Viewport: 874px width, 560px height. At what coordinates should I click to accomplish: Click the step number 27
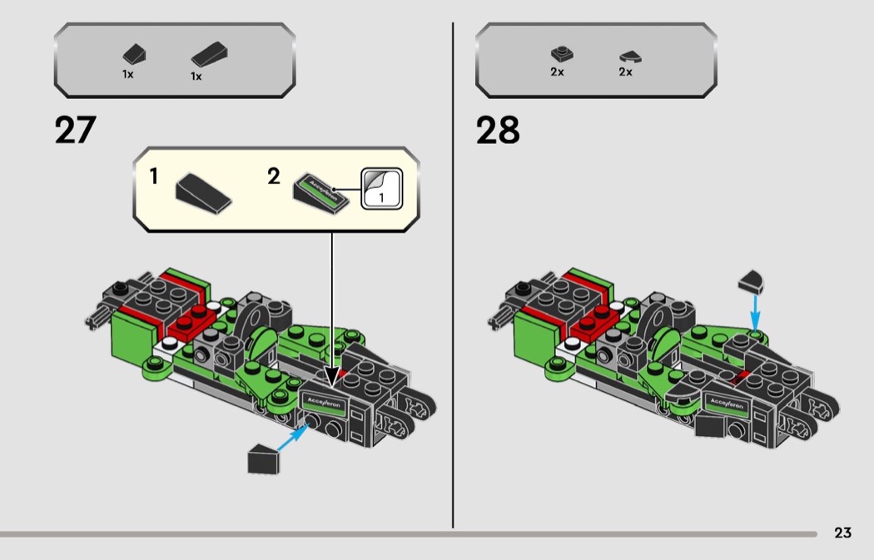(x=75, y=130)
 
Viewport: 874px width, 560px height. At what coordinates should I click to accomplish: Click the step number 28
(x=497, y=130)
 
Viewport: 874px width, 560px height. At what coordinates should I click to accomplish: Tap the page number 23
(x=842, y=533)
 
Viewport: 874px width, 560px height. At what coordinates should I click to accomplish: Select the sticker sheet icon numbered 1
(x=382, y=189)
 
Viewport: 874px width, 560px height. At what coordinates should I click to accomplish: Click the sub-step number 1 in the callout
(x=154, y=176)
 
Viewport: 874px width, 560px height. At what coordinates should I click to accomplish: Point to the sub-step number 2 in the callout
(x=273, y=176)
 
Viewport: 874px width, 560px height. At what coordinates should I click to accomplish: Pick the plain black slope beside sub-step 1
(x=203, y=193)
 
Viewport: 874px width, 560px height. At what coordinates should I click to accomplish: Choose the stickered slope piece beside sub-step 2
(x=321, y=193)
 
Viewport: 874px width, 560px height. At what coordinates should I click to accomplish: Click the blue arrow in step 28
(x=755, y=313)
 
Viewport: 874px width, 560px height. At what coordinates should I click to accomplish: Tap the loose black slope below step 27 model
(x=263, y=459)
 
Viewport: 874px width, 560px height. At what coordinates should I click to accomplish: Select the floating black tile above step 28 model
(x=752, y=282)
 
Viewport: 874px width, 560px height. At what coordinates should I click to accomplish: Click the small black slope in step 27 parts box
(x=134, y=55)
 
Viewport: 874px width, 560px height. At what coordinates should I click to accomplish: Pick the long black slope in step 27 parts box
(x=209, y=55)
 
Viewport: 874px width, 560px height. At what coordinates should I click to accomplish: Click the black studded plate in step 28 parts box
(x=563, y=53)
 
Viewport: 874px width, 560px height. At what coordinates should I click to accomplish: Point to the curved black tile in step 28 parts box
(x=630, y=57)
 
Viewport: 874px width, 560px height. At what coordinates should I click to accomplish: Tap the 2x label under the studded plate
(x=557, y=72)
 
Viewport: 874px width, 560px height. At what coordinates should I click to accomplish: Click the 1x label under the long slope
(x=196, y=77)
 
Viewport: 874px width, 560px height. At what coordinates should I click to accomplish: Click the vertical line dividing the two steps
(x=453, y=275)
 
